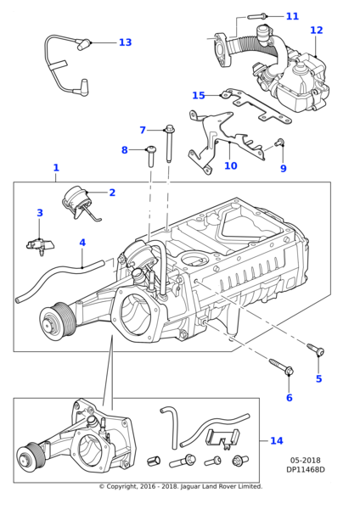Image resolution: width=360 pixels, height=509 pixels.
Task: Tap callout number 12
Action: coord(316,31)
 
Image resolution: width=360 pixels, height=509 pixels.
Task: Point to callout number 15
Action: coord(199,96)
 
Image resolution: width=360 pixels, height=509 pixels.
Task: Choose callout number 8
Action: coord(124,150)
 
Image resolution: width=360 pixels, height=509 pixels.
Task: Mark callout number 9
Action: coord(283,169)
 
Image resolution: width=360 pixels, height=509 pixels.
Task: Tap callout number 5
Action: coord(318,379)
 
